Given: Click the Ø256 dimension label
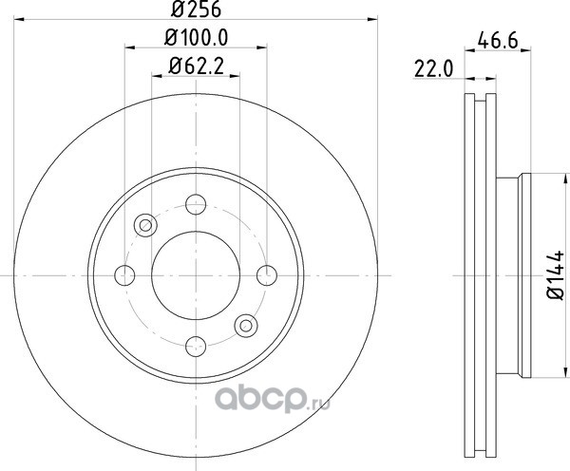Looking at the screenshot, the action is [x=196, y=9].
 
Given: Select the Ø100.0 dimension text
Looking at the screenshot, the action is [x=197, y=37].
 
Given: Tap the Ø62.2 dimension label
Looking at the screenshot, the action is [x=197, y=66].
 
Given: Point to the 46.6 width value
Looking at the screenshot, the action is [x=498, y=40].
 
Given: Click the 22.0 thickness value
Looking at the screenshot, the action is [x=434, y=69].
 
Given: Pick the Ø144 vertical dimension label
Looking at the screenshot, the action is [x=556, y=274].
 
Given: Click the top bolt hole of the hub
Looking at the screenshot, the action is [x=196, y=204].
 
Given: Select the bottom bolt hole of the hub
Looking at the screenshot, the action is [x=196, y=347].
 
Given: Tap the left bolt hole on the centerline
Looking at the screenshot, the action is [x=124, y=275].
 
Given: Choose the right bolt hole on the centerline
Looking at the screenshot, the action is [x=267, y=275].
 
